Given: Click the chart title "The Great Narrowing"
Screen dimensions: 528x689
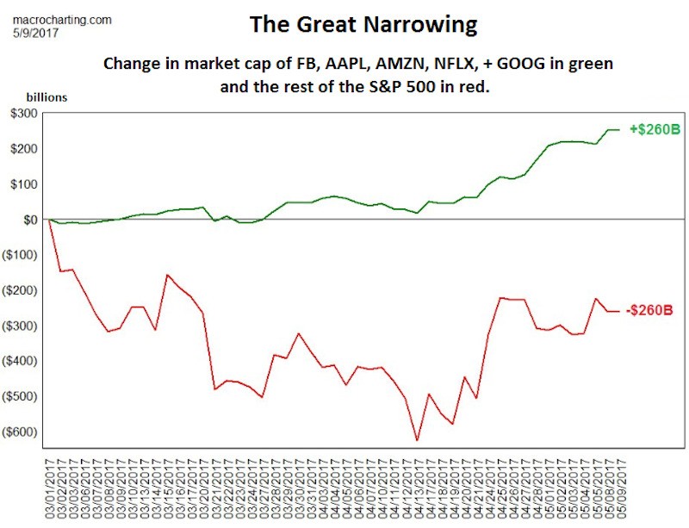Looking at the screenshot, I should pyautogui.click(x=363, y=24).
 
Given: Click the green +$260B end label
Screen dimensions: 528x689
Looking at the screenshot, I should pyautogui.click(x=654, y=129).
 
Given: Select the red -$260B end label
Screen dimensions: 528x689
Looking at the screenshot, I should pyautogui.click(x=652, y=310).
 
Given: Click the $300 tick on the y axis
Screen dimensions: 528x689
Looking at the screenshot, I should pyautogui.click(x=23, y=114).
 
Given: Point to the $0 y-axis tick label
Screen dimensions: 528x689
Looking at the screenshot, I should pyautogui.click(x=30, y=220).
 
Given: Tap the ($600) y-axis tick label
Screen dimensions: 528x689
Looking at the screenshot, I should pyautogui.click(x=21, y=432).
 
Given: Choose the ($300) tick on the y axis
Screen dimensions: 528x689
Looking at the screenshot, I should pyautogui.click(x=21, y=326).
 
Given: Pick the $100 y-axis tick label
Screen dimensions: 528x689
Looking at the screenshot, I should pyautogui.click(x=23, y=184).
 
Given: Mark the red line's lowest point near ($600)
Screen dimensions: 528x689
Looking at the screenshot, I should pyautogui.click(x=417, y=440).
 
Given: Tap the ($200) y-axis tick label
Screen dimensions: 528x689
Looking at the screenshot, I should pyautogui.click(x=21, y=291).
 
